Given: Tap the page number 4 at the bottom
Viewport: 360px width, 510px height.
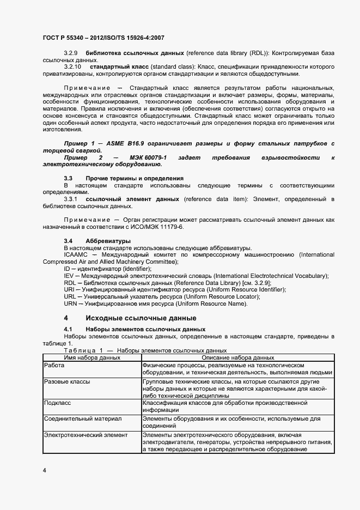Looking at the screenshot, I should coord(44,470).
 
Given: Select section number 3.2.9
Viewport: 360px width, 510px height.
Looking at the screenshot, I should coord(71,53).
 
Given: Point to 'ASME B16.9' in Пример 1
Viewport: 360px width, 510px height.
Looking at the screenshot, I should coord(124,143).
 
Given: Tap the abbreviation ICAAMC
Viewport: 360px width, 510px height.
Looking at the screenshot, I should coord(76,254).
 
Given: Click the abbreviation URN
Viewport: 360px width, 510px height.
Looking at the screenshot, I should coord(70,303).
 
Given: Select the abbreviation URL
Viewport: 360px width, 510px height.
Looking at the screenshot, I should coord(70,296).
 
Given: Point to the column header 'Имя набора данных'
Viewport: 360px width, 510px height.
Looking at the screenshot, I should coord(92,357).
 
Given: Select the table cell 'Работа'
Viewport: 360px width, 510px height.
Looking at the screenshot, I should coord(54,365).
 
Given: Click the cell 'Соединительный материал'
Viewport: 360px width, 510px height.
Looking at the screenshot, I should coord(83,418).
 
